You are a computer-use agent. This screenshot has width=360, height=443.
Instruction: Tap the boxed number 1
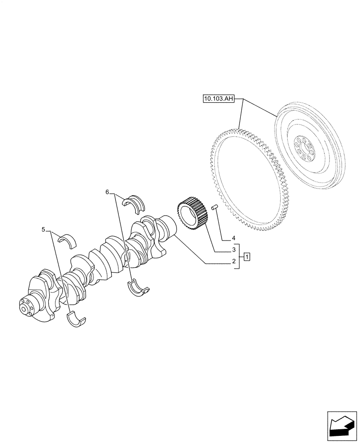247,256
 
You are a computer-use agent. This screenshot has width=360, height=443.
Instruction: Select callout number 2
233,262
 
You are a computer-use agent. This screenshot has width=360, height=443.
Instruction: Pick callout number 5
43,229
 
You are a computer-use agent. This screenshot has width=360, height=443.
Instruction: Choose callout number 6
107,192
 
